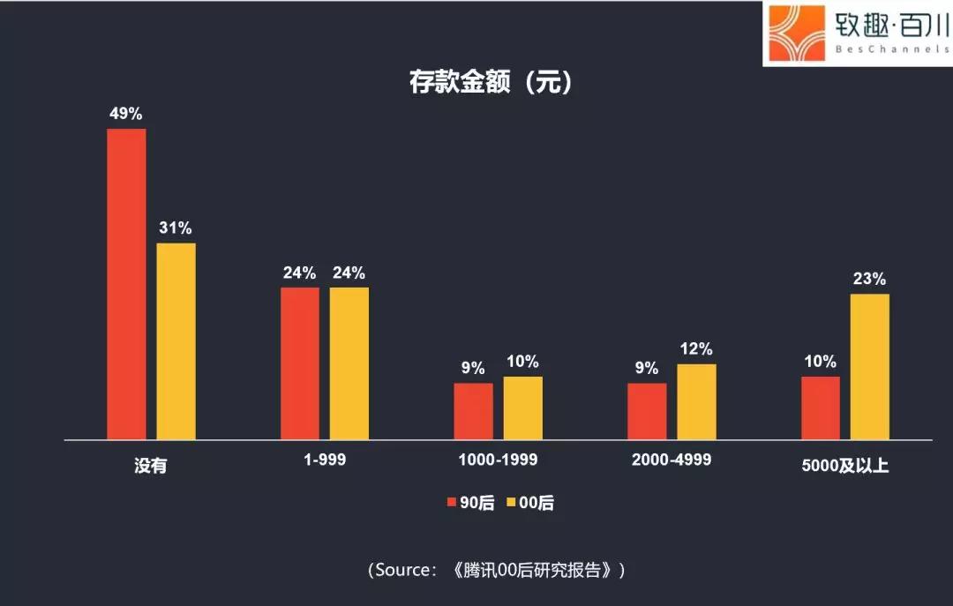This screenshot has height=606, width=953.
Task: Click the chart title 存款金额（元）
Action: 491,82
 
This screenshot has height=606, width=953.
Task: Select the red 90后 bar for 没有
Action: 126,284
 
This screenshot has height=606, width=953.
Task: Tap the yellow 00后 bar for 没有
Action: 176,341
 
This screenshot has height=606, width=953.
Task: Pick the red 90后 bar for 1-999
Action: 300,363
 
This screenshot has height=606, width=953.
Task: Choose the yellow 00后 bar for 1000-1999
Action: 523,408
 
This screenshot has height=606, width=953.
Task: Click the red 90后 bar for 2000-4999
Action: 647,411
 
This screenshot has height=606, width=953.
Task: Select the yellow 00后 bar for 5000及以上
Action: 870,366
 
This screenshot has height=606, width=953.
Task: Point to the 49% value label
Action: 125,114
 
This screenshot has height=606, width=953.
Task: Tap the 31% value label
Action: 176,228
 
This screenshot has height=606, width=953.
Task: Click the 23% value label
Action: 869,279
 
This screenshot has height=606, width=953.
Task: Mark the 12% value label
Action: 696,349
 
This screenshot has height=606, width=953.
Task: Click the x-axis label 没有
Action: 150,466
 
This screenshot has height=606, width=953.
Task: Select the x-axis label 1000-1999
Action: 498,460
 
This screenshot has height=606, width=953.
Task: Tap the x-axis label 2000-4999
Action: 672,460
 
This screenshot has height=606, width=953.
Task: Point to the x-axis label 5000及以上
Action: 844,465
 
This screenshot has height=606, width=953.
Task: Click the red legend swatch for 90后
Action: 451,503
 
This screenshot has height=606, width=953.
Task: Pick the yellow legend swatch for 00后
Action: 511,503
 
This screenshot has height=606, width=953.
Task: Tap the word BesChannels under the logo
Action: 890,50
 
